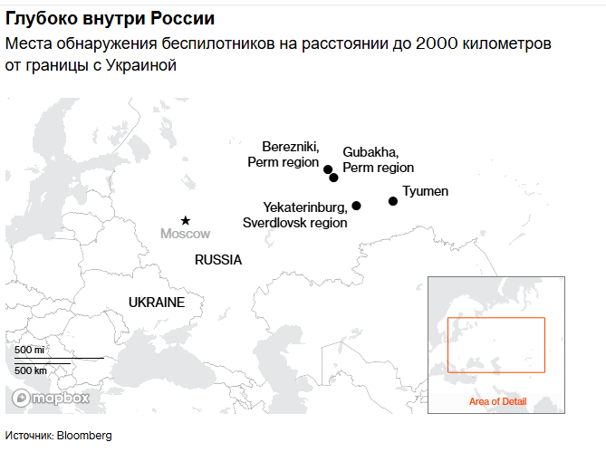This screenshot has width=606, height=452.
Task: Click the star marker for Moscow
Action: (186, 220)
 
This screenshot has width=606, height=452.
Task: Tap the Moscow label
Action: (185, 234)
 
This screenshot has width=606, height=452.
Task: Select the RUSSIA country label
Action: (218, 260)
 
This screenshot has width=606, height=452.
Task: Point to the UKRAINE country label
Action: (157, 302)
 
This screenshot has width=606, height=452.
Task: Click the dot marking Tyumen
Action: (392, 201)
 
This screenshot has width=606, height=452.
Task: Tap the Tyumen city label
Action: (425, 191)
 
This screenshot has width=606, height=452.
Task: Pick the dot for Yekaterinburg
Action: (356, 206)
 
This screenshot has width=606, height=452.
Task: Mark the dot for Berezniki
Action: (327, 168)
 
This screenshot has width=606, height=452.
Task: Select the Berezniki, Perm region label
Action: (284, 154)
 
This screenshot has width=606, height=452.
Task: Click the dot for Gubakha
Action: (333, 178)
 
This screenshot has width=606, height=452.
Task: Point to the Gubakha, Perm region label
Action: (378, 159)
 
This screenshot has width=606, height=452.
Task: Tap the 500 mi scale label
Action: (30, 350)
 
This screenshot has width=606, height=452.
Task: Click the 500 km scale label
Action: (31, 370)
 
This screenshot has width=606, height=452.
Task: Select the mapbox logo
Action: (52, 398)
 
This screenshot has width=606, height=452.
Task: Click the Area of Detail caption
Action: (497, 401)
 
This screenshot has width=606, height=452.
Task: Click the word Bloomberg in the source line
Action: (84, 436)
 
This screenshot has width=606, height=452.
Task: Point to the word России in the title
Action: (184, 18)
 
